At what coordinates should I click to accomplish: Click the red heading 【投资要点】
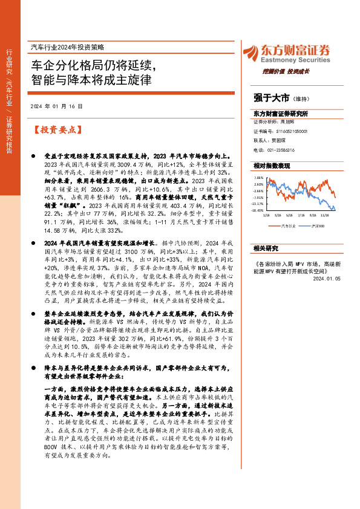tap(56, 129)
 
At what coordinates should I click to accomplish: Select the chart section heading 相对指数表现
tap(272, 166)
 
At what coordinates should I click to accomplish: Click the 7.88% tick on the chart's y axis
tap(259, 178)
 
